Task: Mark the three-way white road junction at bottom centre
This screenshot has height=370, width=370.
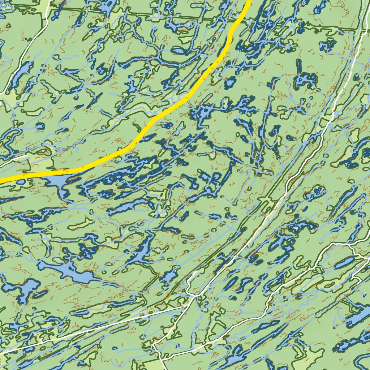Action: tap(195, 296)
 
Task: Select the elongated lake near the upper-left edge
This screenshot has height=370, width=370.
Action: tap(20, 74)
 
